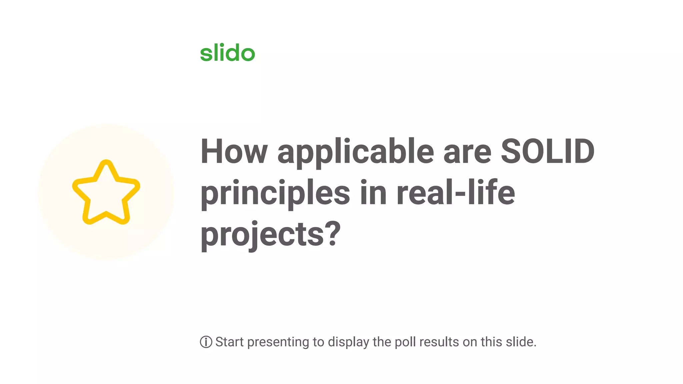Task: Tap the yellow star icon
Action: coord(106,192)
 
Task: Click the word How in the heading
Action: coord(234,152)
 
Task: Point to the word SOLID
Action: coord(548,152)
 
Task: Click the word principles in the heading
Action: coord(275,193)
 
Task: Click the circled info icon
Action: coord(206,342)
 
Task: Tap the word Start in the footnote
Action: coord(229,342)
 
